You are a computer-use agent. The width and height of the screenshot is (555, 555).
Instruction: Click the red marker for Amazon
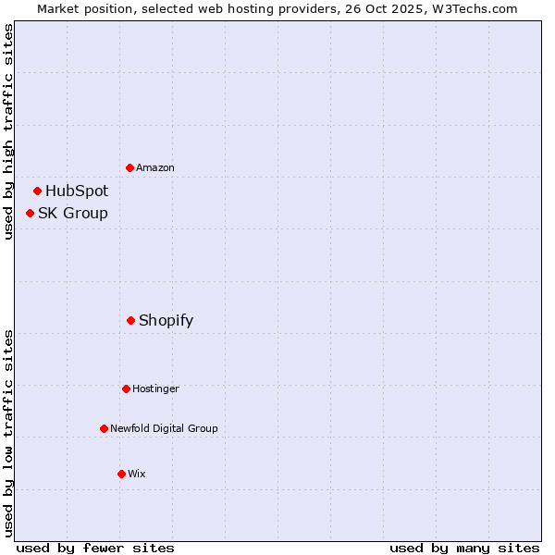[x=130, y=167]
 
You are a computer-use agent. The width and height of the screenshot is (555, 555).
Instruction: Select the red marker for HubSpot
[x=38, y=191]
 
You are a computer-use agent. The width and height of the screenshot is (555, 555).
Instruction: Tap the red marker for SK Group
[x=31, y=214]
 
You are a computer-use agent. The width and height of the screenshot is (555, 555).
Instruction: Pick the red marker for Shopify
[x=131, y=321]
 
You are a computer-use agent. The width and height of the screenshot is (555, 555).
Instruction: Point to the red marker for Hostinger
[x=126, y=388]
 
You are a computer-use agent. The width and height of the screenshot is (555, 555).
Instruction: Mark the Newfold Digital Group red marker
[x=104, y=428]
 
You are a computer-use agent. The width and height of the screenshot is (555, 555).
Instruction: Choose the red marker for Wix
[x=121, y=474]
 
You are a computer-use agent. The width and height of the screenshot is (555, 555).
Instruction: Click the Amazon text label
[x=155, y=167]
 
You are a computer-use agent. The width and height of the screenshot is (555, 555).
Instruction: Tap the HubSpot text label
[x=77, y=191]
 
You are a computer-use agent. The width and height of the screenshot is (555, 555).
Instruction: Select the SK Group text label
[x=73, y=214]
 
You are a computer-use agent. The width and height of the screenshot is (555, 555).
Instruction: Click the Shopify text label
[x=166, y=321]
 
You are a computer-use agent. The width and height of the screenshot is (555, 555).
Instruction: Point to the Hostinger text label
[x=155, y=388]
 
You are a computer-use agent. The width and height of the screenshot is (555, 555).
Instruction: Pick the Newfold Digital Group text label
[x=165, y=428]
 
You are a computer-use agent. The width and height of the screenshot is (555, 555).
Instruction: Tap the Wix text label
[x=137, y=474]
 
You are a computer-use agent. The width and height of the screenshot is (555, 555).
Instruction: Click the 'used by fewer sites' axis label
[x=95, y=548]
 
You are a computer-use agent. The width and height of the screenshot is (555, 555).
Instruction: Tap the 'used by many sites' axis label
[x=464, y=548]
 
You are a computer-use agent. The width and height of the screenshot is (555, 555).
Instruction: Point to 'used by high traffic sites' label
[x=8, y=131]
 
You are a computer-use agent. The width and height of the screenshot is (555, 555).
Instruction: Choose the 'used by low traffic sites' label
[x=8, y=433]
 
